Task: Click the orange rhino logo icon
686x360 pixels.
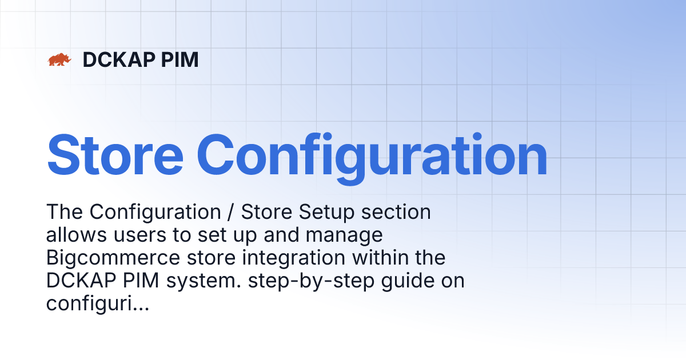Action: coord(59,59)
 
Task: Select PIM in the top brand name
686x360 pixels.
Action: coord(181,59)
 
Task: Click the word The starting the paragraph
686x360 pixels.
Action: coord(64,212)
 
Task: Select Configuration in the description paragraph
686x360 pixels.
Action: coord(155,213)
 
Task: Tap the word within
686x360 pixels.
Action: coord(378,258)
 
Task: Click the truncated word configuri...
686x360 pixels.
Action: coord(97,304)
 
